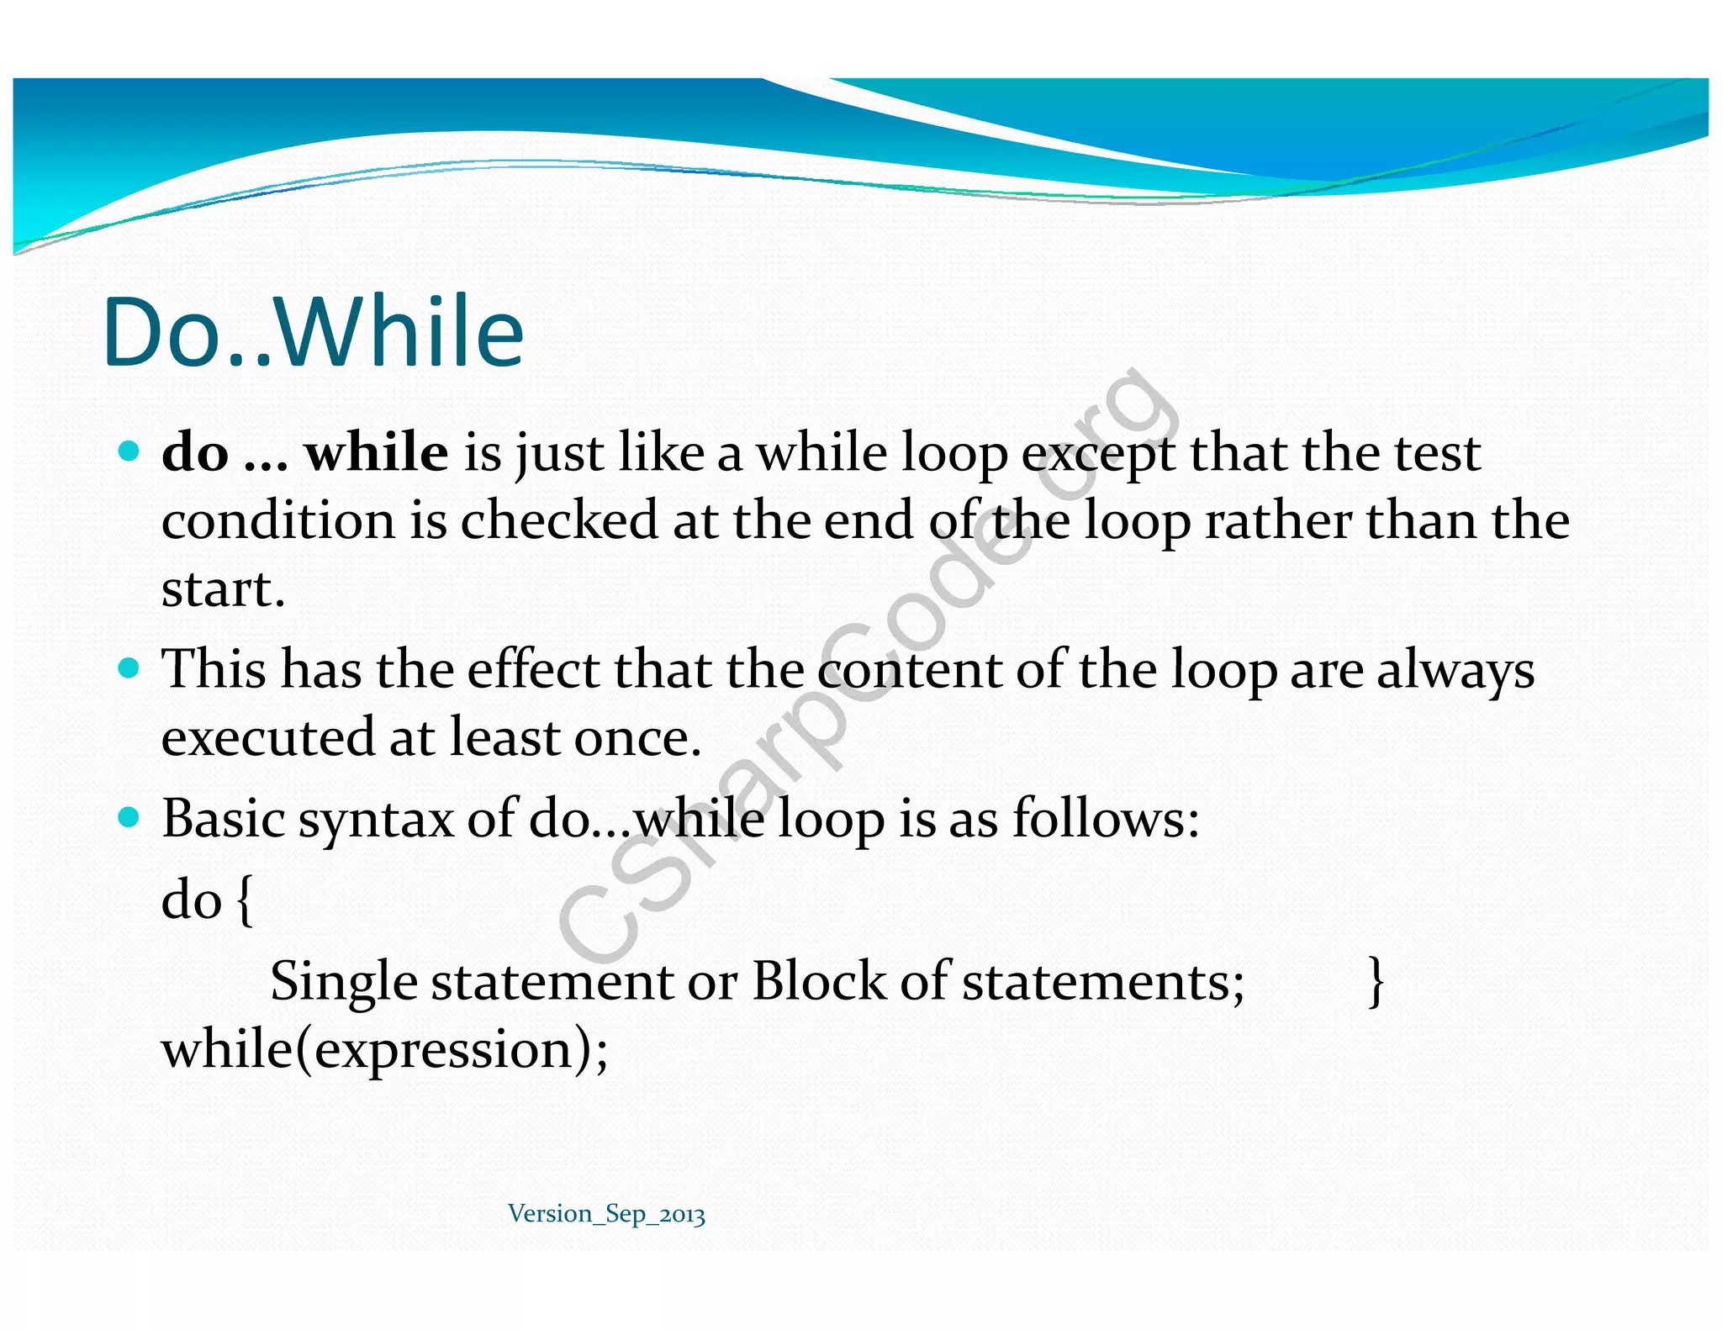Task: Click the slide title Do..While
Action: coord(313,333)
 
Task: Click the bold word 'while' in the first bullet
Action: coord(376,452)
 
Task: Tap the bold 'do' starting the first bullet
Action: coord(194,452)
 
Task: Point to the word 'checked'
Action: coord(558,520)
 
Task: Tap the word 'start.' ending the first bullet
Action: coord(223,588)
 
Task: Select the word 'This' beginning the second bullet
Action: coord(214,669)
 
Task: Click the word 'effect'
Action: coord(533,669)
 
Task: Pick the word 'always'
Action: coord(1455,671)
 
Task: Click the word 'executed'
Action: coord(267,737)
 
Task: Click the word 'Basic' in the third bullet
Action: coord(223,818)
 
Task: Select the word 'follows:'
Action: coord(1105,818)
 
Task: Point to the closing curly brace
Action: coord(1376,981)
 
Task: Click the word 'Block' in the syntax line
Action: coord(818,980)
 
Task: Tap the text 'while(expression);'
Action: coord(384,1050)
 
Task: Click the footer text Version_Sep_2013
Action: coord(606,1214)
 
